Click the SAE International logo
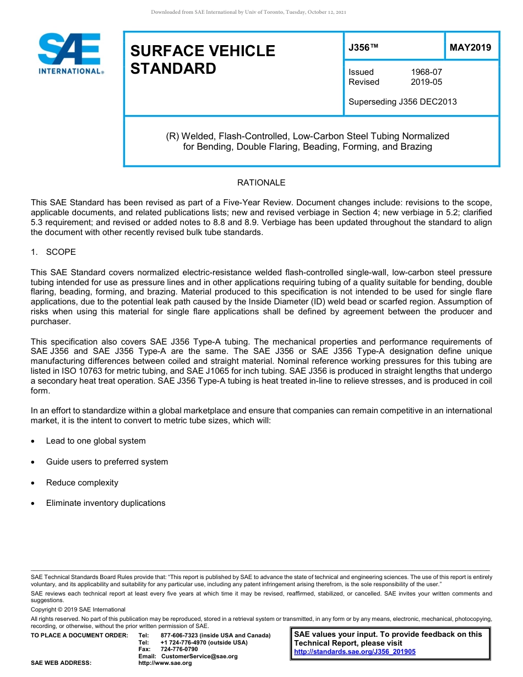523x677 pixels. (x=70, y=53)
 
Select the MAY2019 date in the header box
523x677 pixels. (x=471, y=48)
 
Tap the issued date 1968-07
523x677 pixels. (x=426, y=72)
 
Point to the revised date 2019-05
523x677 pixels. (x=426, y=82)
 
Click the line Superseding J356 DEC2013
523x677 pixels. (x=402, y=102)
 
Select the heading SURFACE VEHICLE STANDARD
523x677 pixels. (x=203, y=59)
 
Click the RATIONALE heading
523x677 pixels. (x=261, y=183)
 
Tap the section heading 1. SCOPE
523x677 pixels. (x=53, y=252)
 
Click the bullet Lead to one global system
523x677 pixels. (x=96, y=441)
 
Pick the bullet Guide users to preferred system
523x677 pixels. (x=107, y=462)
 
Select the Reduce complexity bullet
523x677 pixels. (x=82, y=483)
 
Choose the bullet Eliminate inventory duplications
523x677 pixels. (x=106, y=503)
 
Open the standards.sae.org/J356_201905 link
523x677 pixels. (x=355, y=652)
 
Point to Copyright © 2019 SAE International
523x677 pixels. (x=78, y=609)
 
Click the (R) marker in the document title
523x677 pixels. (x=172, y=136)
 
